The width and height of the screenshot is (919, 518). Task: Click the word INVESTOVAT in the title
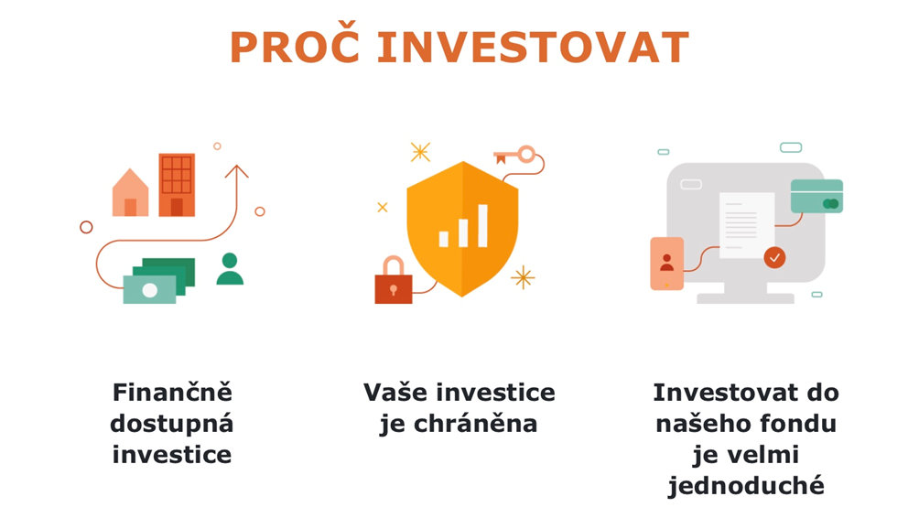click(x=533, y=47)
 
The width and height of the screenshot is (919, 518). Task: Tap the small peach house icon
click(x=130, y=193)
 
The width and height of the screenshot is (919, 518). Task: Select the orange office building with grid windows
click(x=177, y=185)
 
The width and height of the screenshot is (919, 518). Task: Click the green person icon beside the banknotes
click(x=230, y=269)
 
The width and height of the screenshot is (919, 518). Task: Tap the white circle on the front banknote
click(x=149, y=289)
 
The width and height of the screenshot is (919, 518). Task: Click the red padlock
click(x=394, y=280)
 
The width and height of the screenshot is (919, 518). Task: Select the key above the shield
click(x=515, y=156)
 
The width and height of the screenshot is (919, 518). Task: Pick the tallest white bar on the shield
click(x=482, y=226)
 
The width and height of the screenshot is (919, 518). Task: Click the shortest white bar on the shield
click(x=444, y=239)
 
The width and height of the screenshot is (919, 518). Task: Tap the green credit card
click(x=816, y=196)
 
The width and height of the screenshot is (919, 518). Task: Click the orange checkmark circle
click(x=774, y=257)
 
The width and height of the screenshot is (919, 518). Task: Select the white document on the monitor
click(x=747, y=226)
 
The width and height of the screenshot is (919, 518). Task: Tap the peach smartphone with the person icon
click(x=667, y=264)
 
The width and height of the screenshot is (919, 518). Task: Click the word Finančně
click(x=172, y=392)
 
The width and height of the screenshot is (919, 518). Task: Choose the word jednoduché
click(x=746, y=486)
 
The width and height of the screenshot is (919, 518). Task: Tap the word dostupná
click(x=172, y=424)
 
